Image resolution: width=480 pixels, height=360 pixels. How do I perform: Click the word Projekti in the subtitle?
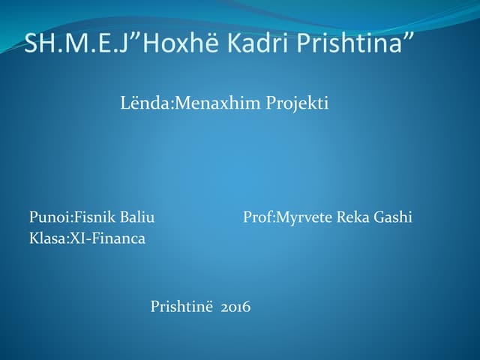(x=298, y=103)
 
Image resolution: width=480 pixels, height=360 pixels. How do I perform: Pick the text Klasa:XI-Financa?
(x=87, y=238)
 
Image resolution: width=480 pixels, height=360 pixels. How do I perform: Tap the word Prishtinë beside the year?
(x=182, y=306)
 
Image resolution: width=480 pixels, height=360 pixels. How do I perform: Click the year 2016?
(x=235, y=306)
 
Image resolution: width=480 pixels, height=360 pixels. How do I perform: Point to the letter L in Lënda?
(x=124, y=103)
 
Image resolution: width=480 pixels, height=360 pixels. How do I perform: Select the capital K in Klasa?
(x=34, y=238)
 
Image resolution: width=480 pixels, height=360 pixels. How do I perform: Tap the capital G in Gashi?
(x=379, y=217)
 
